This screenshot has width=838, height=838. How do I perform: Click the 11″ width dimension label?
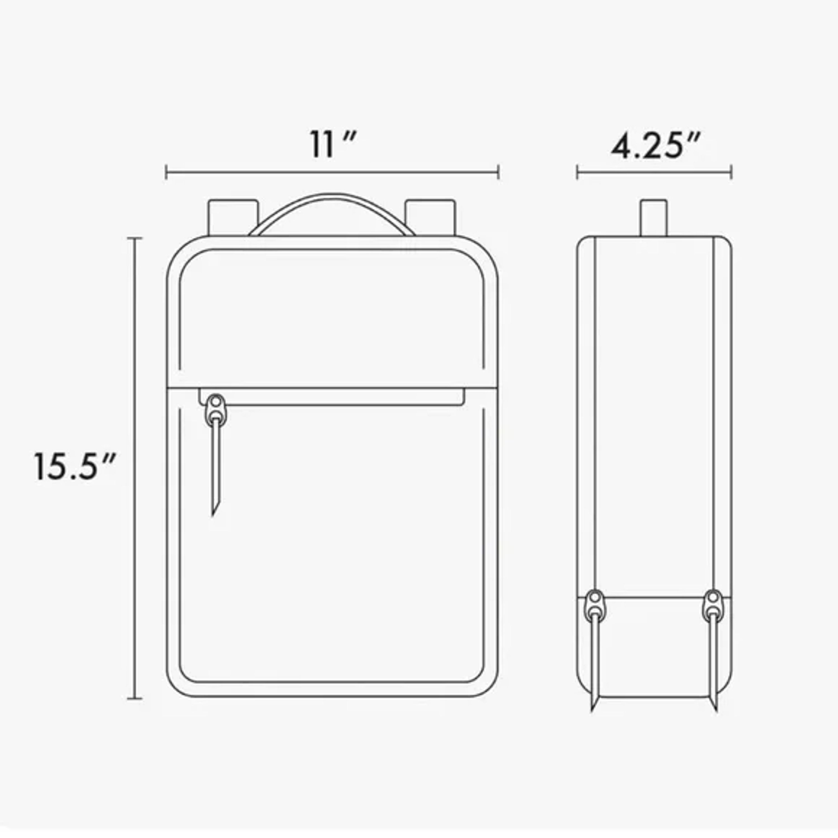333,144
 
